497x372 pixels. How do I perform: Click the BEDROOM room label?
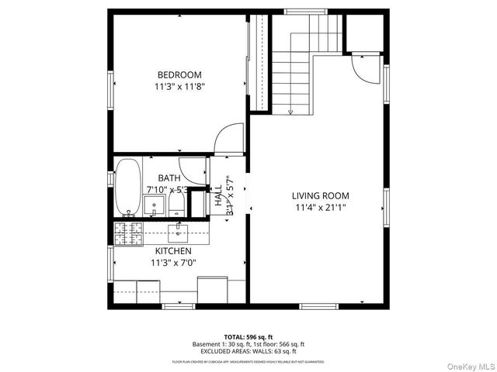179,74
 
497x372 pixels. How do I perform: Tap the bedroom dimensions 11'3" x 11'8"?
179,88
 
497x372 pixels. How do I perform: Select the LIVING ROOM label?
320,196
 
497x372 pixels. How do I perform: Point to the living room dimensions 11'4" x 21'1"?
320,208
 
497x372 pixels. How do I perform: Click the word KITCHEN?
173,251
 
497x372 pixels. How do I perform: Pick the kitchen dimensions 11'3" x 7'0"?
173,263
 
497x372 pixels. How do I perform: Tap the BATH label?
169,177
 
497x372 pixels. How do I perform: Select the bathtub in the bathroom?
128,187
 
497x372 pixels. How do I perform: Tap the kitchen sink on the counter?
179,230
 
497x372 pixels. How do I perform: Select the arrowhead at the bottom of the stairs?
290,112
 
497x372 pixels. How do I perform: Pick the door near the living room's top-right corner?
362,70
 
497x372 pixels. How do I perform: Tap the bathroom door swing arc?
191,170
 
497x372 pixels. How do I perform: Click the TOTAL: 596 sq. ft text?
248,336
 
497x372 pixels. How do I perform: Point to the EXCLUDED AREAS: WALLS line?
248,351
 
